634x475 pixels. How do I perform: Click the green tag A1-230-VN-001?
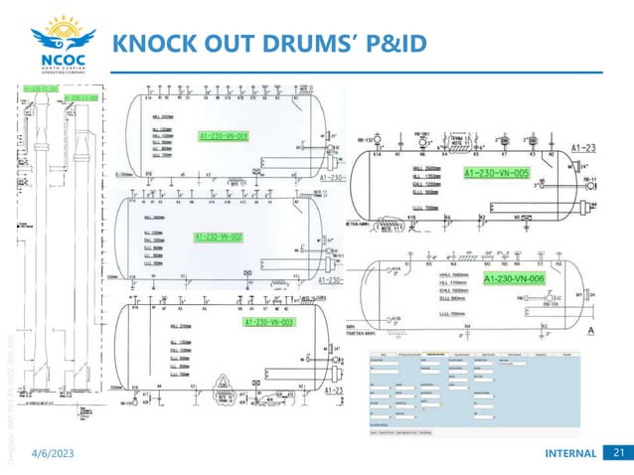(x=224, y=136)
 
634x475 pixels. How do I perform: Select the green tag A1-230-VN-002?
(x=220, y=237)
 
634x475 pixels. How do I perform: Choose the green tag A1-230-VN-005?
(x=498, y=173)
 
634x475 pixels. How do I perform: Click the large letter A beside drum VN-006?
(x=592, y=329)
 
